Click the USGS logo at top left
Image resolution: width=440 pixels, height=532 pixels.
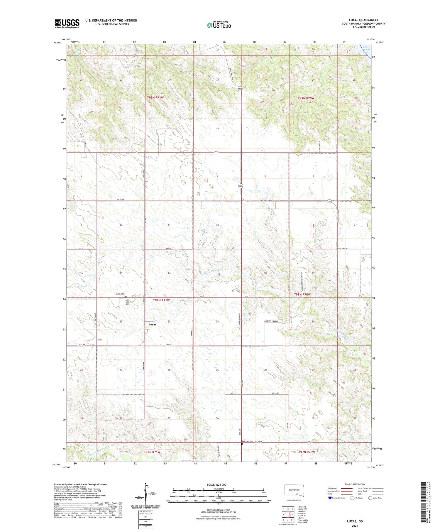click(x=67, y=23)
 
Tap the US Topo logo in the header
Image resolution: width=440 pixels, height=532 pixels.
click(x=219, y=25)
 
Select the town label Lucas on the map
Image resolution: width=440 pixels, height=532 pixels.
click(x=152, y=325)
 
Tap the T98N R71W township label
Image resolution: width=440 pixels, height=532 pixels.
click(x=161, y=300)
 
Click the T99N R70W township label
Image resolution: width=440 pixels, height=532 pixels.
click(x=306, y=98)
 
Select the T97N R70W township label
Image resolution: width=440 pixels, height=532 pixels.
click(x=307, y=452)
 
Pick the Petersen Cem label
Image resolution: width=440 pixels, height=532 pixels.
click(x=248, y=441)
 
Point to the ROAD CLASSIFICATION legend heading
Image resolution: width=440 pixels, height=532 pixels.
click(x=355, y=484)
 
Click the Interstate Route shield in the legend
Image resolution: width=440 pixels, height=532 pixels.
click(x=330, y=498)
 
